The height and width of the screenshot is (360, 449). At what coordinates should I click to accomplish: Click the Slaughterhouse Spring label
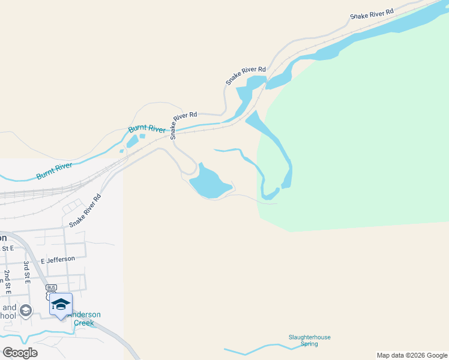[x=309, y=340]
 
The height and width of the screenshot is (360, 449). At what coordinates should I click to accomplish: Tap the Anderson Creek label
[x=83, y=319]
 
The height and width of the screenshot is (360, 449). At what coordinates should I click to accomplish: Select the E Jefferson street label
[x=58, y=259]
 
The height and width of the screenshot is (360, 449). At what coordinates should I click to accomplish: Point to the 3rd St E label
[x=27, y=271]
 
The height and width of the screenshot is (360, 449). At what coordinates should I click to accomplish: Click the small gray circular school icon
[x=25, y=310]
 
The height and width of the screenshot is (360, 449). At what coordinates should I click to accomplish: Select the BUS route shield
[x=51, y=287]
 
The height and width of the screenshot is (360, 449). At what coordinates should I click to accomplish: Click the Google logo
[x=20, y=352]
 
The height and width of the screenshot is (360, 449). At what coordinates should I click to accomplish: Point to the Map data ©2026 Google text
[x=412, y=355]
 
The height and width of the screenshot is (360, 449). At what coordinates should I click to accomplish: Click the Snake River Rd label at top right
[x=372, y=13]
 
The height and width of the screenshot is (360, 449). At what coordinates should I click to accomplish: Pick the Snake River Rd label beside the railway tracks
[x=85, y=210]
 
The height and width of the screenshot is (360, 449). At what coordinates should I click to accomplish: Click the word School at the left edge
[x=8, y=315]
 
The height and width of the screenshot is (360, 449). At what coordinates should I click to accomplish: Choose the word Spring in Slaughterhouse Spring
[x=309, y=344]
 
